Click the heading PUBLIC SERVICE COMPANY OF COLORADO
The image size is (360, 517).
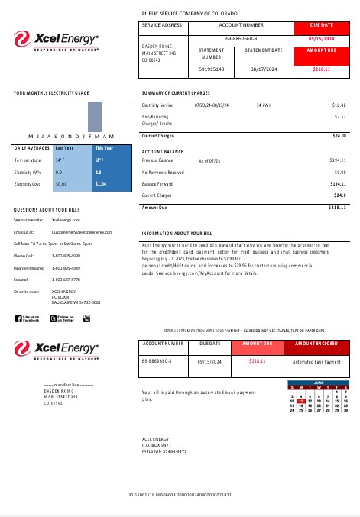[190, 14]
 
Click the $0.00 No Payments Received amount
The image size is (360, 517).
[340, 173]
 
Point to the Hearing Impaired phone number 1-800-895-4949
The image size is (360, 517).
[66, 268]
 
